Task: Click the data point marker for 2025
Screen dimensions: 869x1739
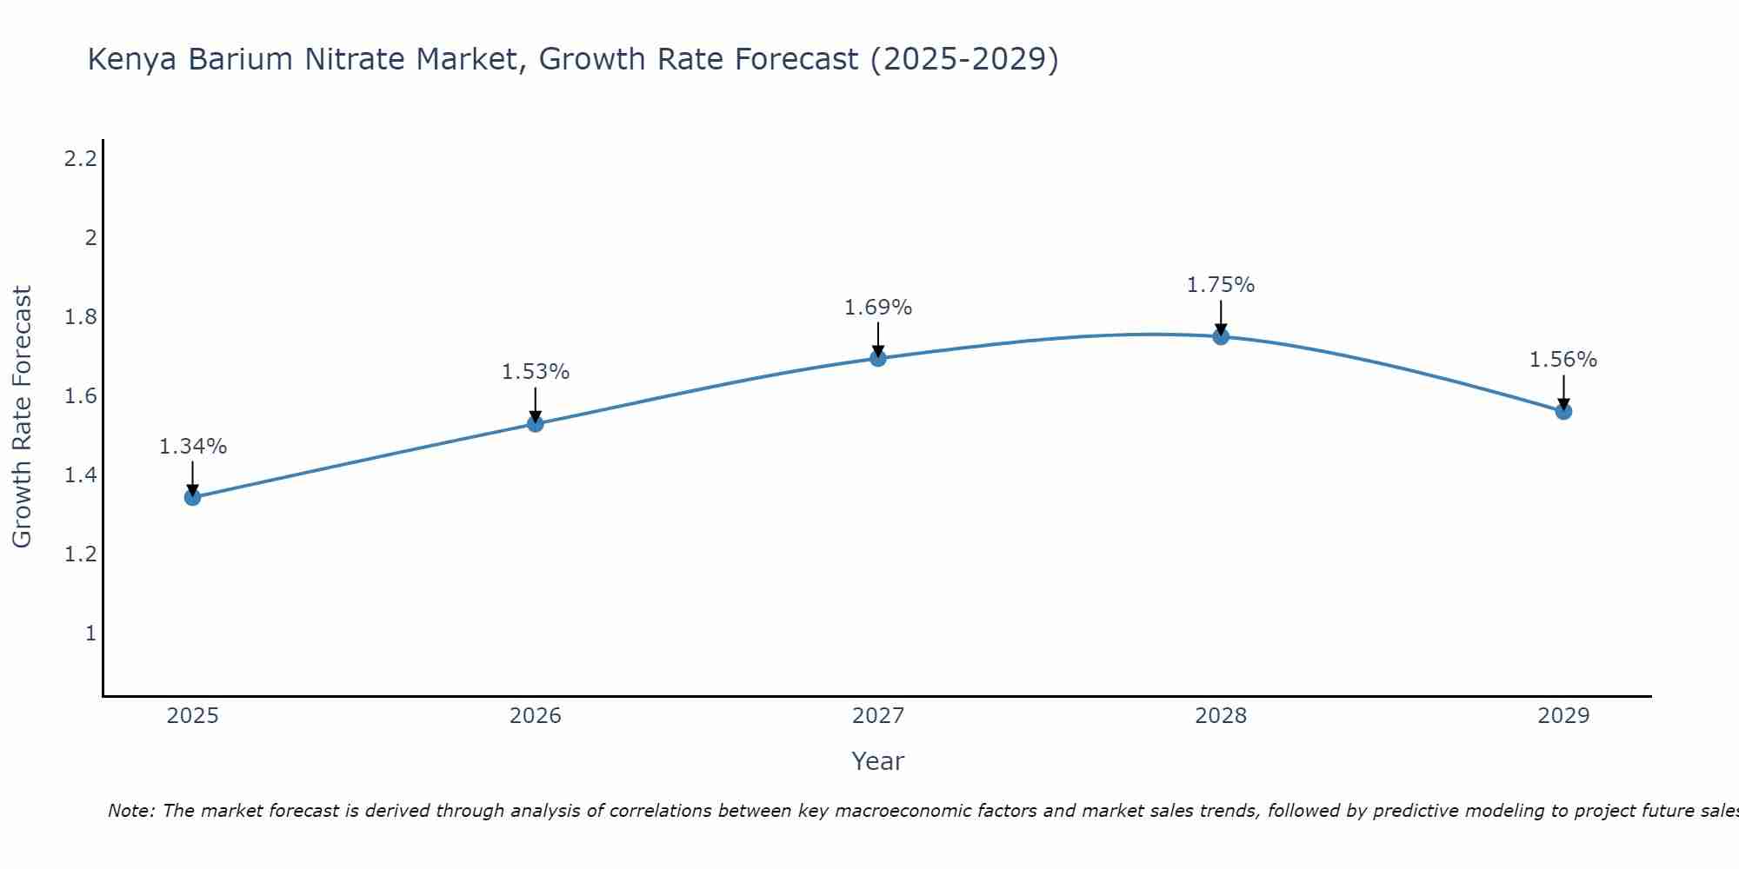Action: pos(192,497)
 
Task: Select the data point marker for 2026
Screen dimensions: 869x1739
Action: pos(536,423)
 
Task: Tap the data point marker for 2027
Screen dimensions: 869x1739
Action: pos(878,358)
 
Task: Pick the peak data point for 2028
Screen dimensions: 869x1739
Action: pos(1221,336)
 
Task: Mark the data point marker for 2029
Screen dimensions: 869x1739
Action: pos(1563,411)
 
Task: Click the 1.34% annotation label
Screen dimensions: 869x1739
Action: pos(192,447)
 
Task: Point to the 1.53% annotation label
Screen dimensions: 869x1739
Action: pos(536,372)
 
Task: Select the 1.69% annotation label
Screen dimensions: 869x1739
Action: pos(878,308)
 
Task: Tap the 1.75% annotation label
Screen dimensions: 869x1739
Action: pos(1221,285)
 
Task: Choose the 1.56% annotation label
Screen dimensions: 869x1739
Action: pos(1563,360)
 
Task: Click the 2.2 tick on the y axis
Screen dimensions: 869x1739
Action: pos(81,159)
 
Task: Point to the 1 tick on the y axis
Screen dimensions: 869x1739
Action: pos(90,634)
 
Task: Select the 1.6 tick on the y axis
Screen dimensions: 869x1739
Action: pos(81,396)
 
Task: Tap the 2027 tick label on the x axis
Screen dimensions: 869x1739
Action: pos(878,716)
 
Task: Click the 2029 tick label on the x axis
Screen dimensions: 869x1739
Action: pos(1563,716)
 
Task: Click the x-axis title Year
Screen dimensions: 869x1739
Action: pos(878,761)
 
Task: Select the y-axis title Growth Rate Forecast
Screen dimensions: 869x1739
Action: pos(22,416)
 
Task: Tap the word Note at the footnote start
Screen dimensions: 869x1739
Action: pos(130,811)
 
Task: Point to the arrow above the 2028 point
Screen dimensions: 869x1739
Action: pos(1221,317)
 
